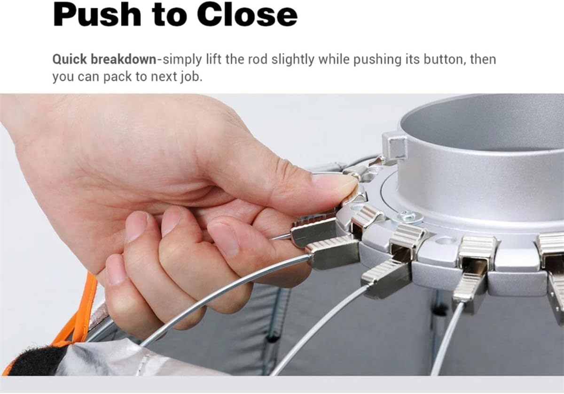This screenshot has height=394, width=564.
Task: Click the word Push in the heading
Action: pyautogui.click(x=97, y=15)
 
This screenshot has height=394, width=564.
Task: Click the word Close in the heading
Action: pyautogui.click(x=247, y=15)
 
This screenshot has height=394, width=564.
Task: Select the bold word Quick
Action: pyautogui.click(x=70, y=60)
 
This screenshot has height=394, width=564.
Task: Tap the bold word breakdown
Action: pyautogui.click(x=123, y=59)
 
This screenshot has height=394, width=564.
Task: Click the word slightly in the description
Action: pyautogui.click(x=293, y=60)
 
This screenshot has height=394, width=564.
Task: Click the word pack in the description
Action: pyautogui.click(x=117, y=77)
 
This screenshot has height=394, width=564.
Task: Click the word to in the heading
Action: pyautogui.click(x=169, y=15)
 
